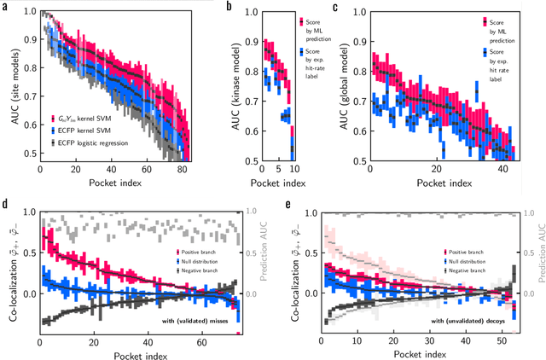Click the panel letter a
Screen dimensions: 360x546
(x=5, y=6)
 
